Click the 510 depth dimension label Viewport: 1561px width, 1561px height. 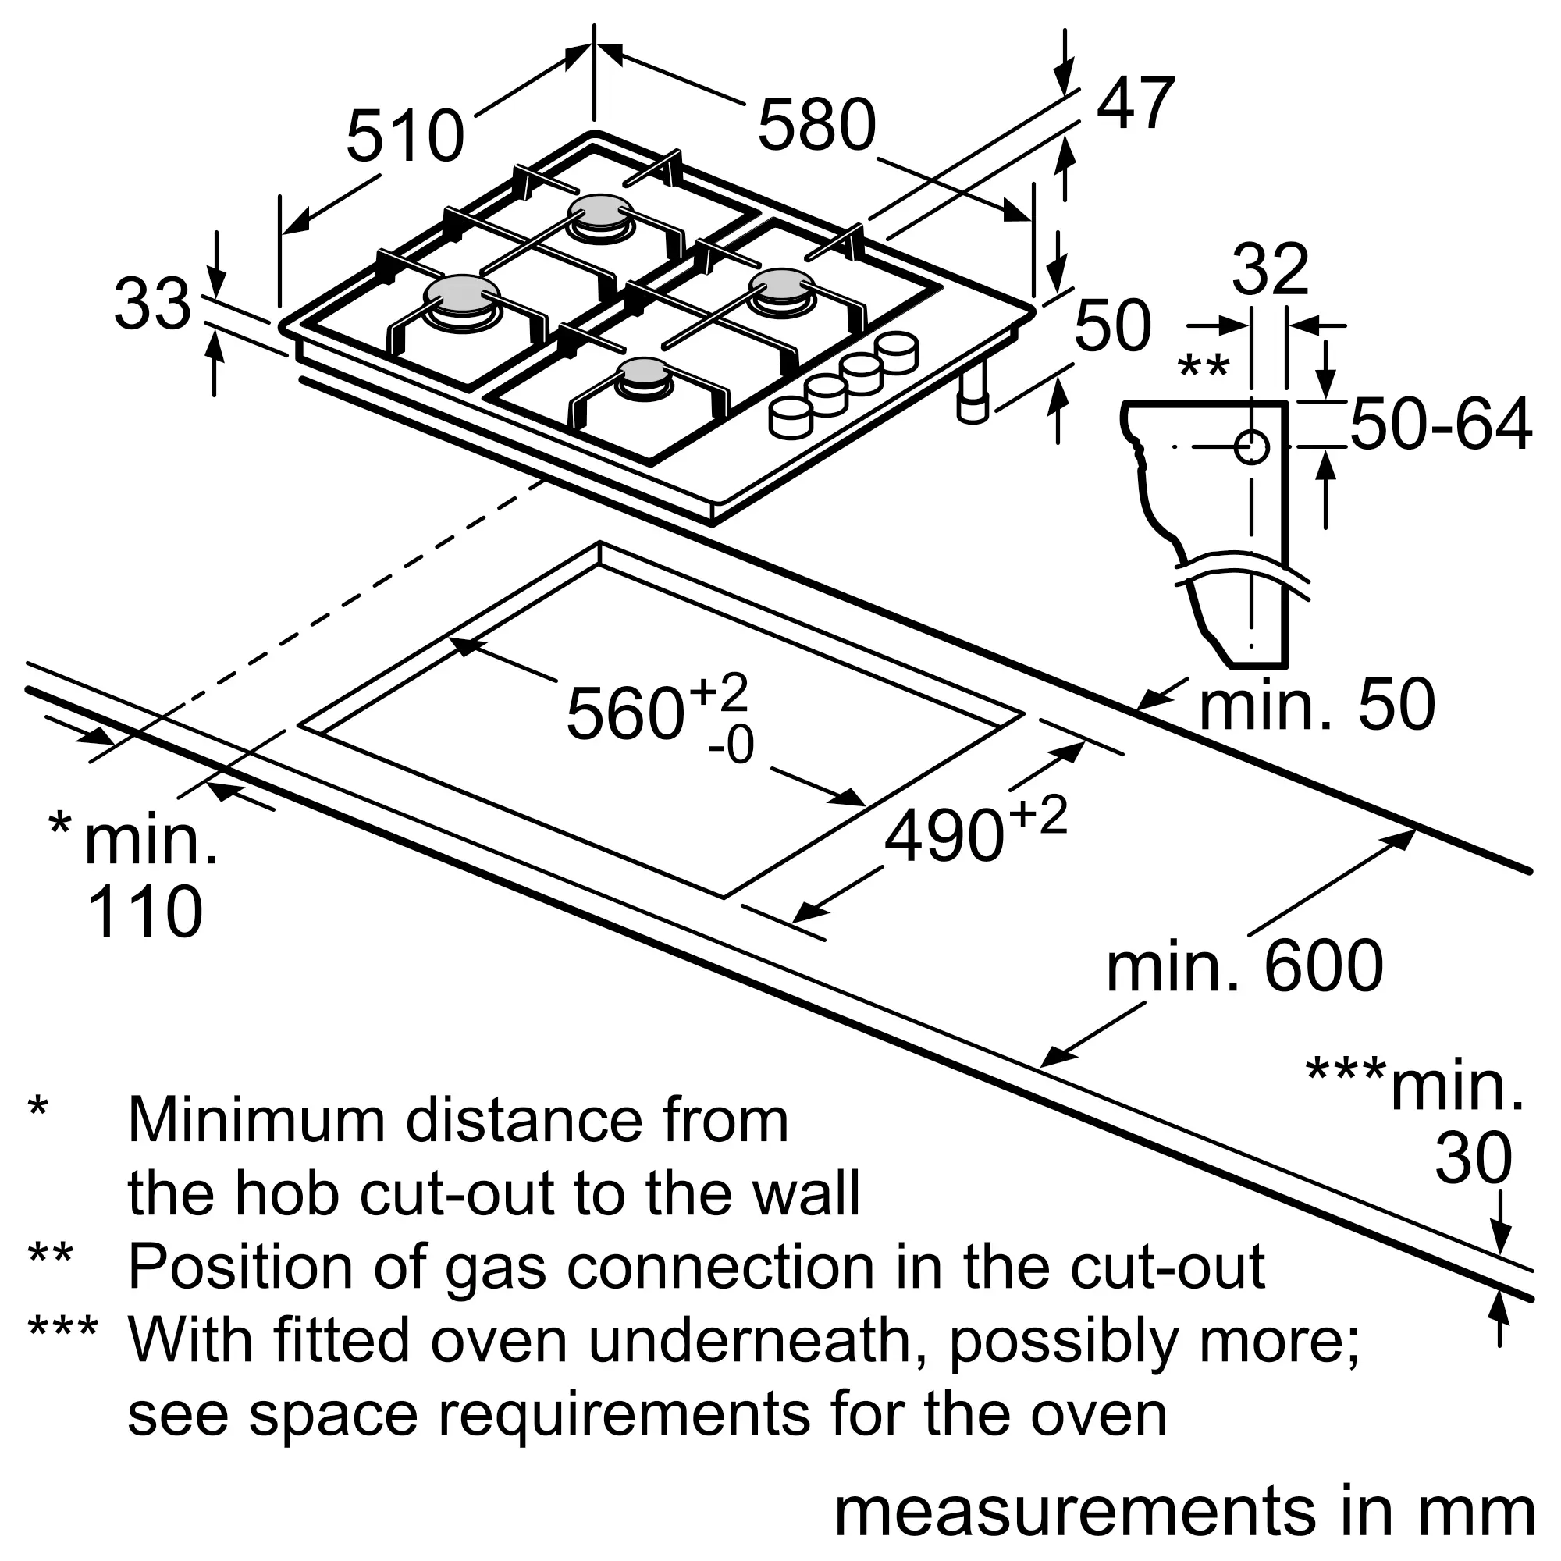click(405, 136)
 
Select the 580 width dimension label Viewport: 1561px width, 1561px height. click(817, 125)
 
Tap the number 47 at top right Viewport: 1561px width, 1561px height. click(1134, 105)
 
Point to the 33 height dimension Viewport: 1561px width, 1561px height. click(152, 305)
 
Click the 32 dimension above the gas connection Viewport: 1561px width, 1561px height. click(1270, 271)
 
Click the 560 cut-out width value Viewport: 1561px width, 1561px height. click(625, 714)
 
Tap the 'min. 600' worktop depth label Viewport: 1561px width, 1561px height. click(1245, 966)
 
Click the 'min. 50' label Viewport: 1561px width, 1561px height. click(1317, 706)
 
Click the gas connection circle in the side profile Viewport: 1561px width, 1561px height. click(1250, 446)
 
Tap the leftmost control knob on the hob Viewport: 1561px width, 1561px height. click(789, 418)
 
